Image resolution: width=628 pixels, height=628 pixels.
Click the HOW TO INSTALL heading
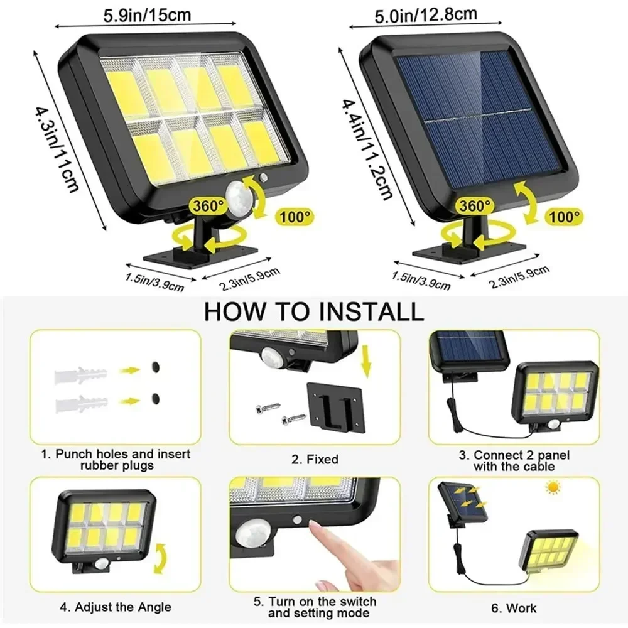pos(314,311)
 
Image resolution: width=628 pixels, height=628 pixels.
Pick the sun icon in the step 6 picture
pos(554,486)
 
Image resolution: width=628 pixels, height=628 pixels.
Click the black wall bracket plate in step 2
pos(338,408)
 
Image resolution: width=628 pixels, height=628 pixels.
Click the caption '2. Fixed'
pos(315,460)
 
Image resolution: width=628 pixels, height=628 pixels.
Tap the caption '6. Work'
pos(513,608)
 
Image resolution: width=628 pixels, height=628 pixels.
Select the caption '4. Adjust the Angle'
pos(115,607)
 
